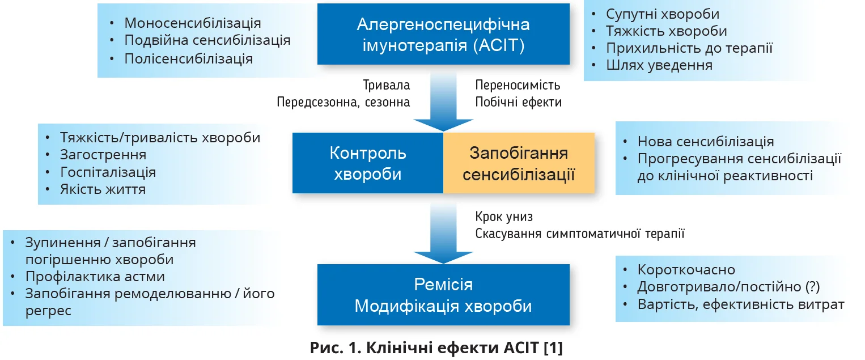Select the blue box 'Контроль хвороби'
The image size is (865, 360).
click(367, 163)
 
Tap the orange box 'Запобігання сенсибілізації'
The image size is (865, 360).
click(519, 163)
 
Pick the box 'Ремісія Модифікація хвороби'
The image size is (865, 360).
click(443, 294)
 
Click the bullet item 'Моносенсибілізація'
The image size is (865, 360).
click(193, 23)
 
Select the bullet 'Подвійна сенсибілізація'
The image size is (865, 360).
click(207, 40)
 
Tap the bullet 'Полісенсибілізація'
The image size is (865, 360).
click(189, 58)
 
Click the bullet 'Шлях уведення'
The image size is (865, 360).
click(659, 65)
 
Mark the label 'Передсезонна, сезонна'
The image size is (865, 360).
click(344, 103)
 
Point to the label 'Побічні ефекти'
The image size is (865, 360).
click(518, 103)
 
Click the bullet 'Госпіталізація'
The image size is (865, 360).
click(108, 172)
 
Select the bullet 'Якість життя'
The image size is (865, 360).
click(103, 189)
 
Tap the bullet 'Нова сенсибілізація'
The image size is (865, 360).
click(706, 142)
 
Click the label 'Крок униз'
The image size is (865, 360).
click(504, 217)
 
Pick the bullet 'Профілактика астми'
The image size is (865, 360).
click(95, 277)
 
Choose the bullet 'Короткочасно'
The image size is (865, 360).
click(686, 270)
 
